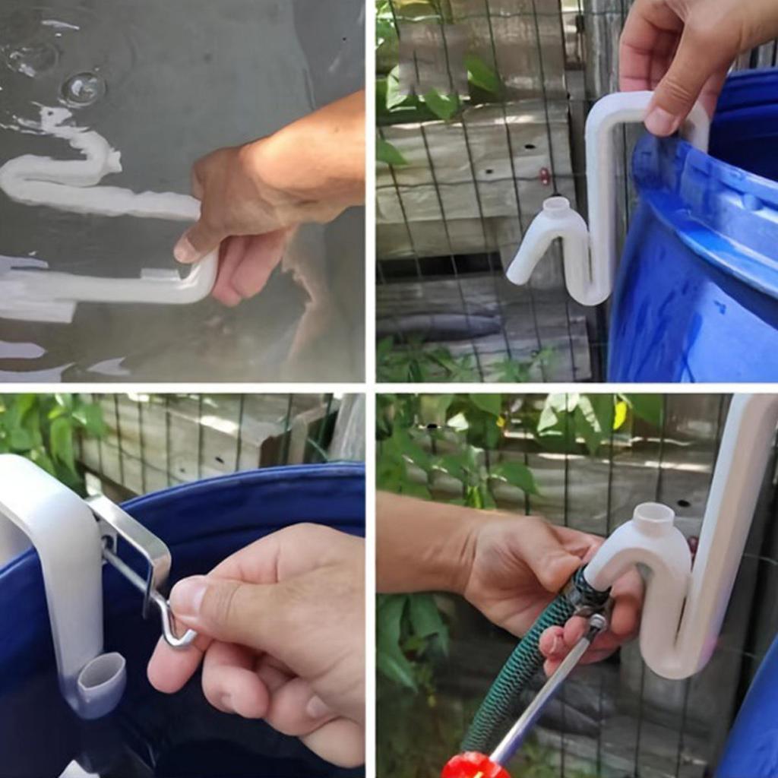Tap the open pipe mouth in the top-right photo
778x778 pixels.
556,204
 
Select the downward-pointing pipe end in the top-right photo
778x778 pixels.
520,274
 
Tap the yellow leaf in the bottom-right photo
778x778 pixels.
619,414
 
